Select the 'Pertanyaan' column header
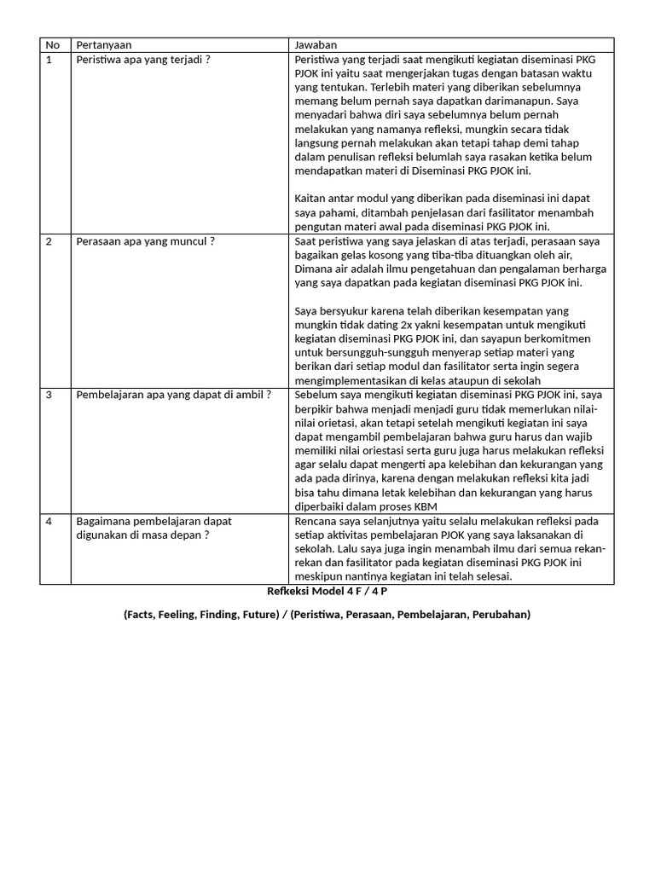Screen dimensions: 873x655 (x=104, y=44)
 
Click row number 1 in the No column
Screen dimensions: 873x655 (x=49, y=60)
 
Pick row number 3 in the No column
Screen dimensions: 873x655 (x=49, y=395)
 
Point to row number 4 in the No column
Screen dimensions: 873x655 (x=49, y=520)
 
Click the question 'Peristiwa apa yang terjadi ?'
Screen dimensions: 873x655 (x=142, y=60)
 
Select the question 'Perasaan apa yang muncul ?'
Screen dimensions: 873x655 (x=145, y=241)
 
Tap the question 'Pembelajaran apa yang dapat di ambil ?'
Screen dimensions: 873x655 (x=173, y=395)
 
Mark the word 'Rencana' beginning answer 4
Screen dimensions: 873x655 (x=316, y=520)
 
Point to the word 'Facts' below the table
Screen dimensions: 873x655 (x=142, y=615)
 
